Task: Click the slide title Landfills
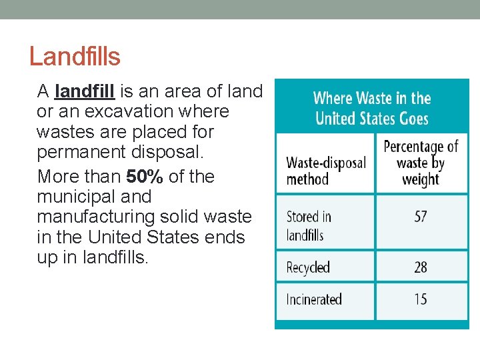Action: point(75,57)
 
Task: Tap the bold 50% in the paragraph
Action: point(145,177)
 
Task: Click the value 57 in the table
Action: point(420,217)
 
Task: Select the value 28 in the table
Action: point(420,267)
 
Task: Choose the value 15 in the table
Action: point(420,299)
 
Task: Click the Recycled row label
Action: point(308,267)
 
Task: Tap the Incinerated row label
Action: point(314,299)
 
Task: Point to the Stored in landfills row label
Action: point(309,225)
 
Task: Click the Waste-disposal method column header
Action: point(325,171)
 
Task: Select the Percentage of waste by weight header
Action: point(421,163)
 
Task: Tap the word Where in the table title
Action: point(333,99)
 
